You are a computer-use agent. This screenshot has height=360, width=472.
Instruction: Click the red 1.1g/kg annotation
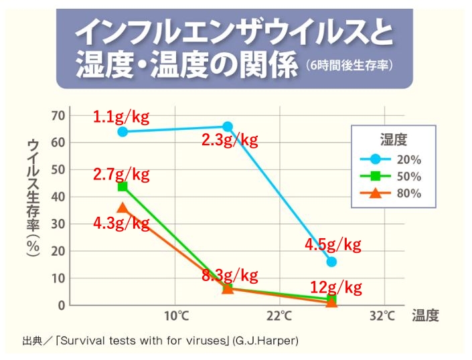tap(121, 117)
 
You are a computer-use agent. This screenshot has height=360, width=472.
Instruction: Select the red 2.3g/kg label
tap(230, 140)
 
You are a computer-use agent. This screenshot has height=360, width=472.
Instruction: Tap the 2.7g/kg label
tap(121, 174)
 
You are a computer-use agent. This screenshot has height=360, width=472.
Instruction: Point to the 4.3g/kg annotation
tap(121, 223)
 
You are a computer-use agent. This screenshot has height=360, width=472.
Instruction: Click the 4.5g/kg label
tap(333, 245)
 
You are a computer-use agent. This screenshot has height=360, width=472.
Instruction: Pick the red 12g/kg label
tap(336, 288)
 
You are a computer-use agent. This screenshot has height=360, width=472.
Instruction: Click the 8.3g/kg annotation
tap(230, 275)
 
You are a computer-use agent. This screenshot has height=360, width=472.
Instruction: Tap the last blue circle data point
tap(331, 262)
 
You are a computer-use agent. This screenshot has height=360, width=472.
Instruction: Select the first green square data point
tap(123, 187)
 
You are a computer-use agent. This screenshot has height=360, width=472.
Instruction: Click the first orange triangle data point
tap(123, 207)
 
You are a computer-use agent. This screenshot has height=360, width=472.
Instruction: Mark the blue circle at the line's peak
tap(228, 126)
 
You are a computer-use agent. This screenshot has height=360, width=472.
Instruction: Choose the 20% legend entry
tap(391, 159)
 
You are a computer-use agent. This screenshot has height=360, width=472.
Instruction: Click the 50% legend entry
tap(391, 176)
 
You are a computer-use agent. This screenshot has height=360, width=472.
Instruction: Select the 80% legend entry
tap(391, 193)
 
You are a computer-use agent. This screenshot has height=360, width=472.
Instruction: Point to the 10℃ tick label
tap(176, 316)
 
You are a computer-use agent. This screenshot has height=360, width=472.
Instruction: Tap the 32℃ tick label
tap(382, 316)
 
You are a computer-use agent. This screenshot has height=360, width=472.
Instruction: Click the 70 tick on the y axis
tap(58, 116)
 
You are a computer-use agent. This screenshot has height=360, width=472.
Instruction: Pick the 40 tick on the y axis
tap(58, 197)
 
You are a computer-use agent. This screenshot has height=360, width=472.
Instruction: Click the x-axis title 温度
tap(425, 315)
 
